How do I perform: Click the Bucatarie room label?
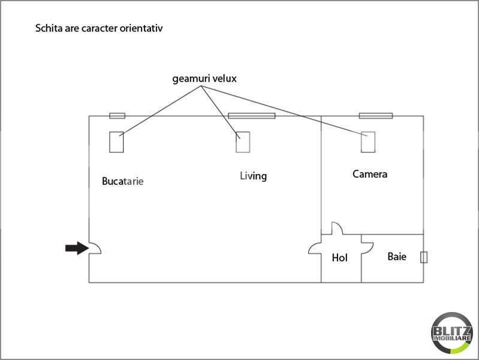[x=122, y=181]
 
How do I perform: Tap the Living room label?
[x=253, y=176]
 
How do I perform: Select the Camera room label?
[x=370, y=174]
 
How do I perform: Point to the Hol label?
[x=340, y=257]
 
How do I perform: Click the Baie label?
[x=397, y=256]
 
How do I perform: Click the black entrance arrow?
[x=77, y=248]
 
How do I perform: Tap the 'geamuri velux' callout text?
[x=204, y=79]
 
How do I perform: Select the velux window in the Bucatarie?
[x=116, y=142]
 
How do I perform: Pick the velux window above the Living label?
[x=243, y=142]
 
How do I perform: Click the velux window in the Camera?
[x=368, y=142]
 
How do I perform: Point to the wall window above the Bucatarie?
[x=118, y=116]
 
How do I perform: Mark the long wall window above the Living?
[x=252, y=116]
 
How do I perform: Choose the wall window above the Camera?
[x=376, y=116]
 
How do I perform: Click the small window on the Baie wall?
[x=424, y=257]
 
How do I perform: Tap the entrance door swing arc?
[x=98, y=246]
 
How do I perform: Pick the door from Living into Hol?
[x=312, y=247]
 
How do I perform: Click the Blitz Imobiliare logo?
[x=452, y=333]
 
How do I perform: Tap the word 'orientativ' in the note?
[x=141, y=28]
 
